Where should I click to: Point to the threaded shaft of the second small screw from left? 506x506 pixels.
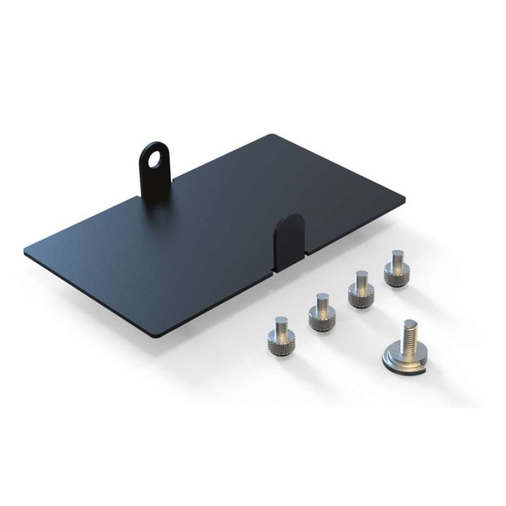click(319, 299)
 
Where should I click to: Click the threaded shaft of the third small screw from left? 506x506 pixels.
click(359, 277)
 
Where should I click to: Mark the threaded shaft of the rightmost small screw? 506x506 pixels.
click(395, 257)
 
